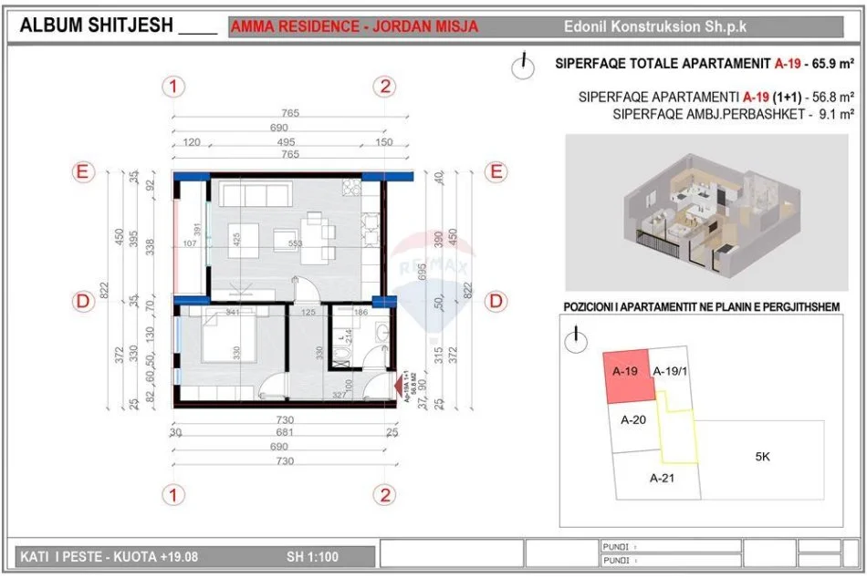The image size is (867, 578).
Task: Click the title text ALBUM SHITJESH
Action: pyautogui.click(x=96, y=26)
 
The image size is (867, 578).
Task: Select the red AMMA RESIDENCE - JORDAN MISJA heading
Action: pyautogui.click(x=354, y=26)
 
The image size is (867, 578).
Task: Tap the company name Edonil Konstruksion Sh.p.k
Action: pyautogui.click(x=654, y=26)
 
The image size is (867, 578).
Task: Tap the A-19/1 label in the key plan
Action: pyautogui.click(x=672, y=371)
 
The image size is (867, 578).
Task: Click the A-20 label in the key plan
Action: pyautogui.click(x=632, y=420)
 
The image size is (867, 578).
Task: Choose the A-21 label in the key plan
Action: pyautogui.click(x=662, y=478)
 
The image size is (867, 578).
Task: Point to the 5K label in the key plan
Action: pyautogui.click(x=762, y=457)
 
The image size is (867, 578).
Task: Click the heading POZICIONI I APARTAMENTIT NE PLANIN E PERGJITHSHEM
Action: pyautogui.click(x=701, y=308)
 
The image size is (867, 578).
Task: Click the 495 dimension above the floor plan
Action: pyautogui.click(x=286, y=143)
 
